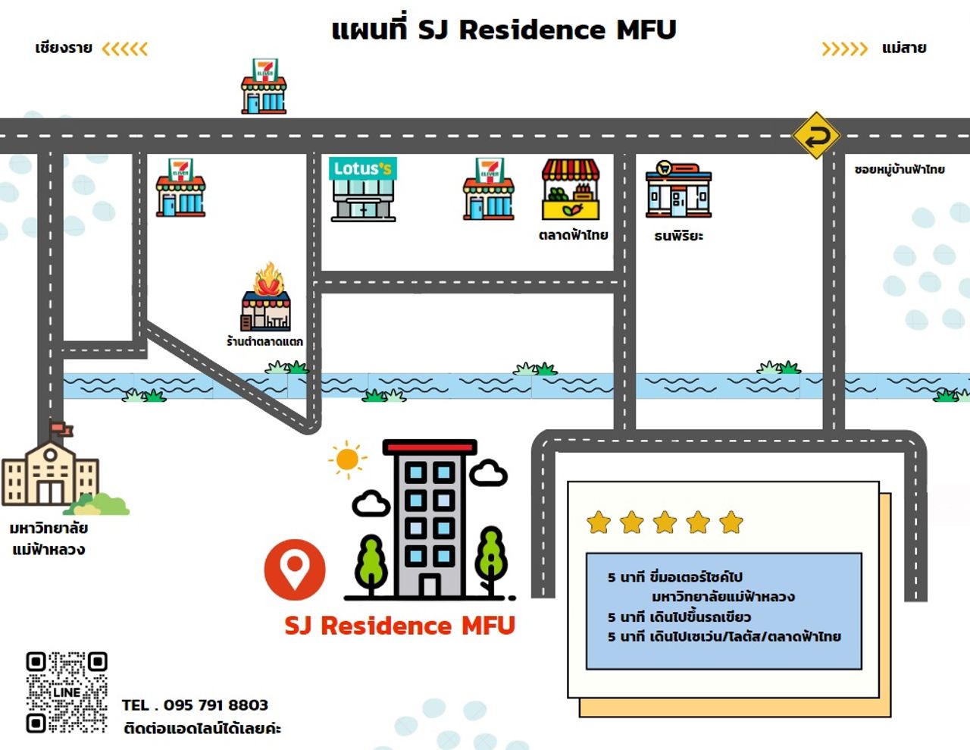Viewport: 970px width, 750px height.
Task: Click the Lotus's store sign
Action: (362, 168)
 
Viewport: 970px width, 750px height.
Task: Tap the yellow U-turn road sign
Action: (816, 137)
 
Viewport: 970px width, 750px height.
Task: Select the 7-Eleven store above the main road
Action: (264, 86)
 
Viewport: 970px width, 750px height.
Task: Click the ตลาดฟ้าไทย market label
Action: (573, 235)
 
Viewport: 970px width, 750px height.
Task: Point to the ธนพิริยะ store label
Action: (678, 236)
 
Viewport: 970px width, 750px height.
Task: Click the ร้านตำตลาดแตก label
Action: (264, 341)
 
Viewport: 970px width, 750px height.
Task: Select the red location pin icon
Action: (295, 569)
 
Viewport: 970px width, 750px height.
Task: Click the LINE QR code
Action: (67, 692)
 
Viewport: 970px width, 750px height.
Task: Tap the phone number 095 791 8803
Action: (215, 705)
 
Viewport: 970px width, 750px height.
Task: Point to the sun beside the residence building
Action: (347, 459)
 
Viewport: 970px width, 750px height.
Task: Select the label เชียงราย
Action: (64, 49)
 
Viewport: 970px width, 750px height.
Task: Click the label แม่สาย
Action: (904, 49)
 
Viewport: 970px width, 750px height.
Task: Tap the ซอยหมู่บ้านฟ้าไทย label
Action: (900, 169)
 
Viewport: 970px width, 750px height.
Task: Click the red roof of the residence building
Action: (430, 447)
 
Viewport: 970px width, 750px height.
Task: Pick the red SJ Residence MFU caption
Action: (399, 626)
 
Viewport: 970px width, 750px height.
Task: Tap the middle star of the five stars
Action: (665, 522)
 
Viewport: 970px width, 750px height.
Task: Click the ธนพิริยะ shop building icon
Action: (678, 190)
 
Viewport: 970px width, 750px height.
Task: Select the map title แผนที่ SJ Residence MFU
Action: (504, 30)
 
